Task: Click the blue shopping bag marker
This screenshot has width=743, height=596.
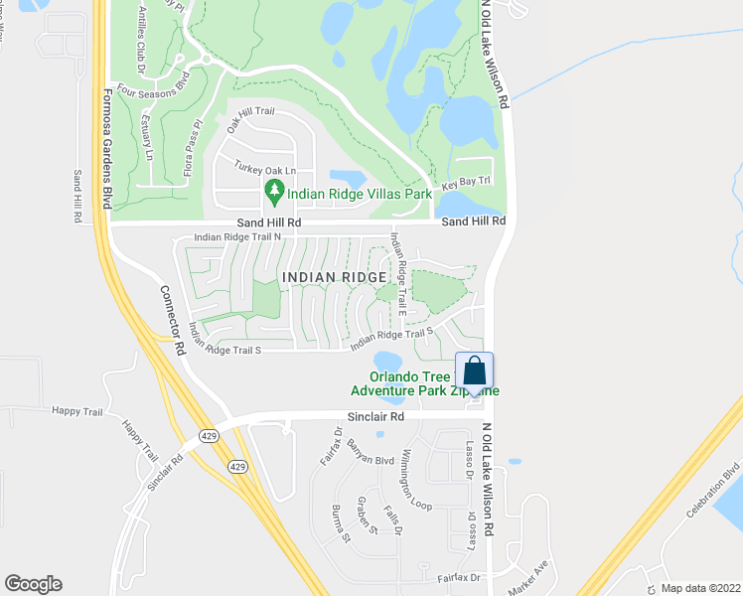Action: (475, 372)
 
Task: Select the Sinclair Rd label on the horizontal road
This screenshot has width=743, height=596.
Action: (375, 417)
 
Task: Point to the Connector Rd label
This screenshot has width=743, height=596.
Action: (171, 322)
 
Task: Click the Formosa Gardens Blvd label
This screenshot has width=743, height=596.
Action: (104, 148)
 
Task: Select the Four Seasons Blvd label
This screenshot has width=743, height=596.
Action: (152, 87)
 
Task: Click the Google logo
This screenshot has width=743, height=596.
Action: (33, 584)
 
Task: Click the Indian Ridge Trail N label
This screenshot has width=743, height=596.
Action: (238, 237)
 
